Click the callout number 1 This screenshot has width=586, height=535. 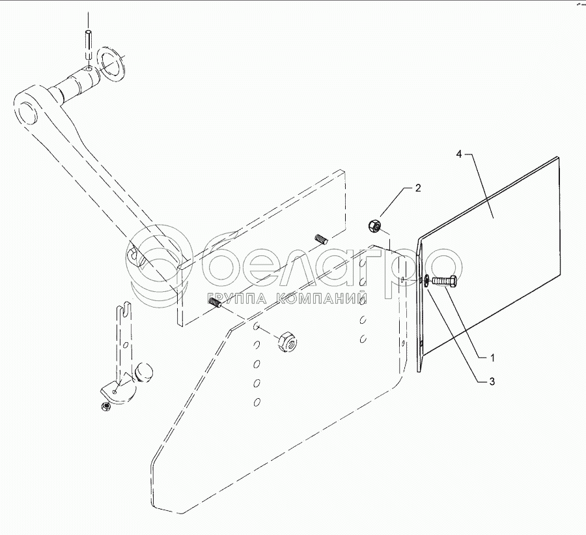pos(493,358)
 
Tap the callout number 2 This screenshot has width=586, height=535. pos(417,188)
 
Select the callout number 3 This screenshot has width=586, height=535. pos(493,381)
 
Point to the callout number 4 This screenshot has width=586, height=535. pos(459,154)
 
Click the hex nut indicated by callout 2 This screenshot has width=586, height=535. pos(374,227)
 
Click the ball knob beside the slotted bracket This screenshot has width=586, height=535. pos(144,373)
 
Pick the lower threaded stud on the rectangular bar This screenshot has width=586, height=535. pos(217,301)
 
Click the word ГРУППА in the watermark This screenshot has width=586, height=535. pos(237,300)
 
